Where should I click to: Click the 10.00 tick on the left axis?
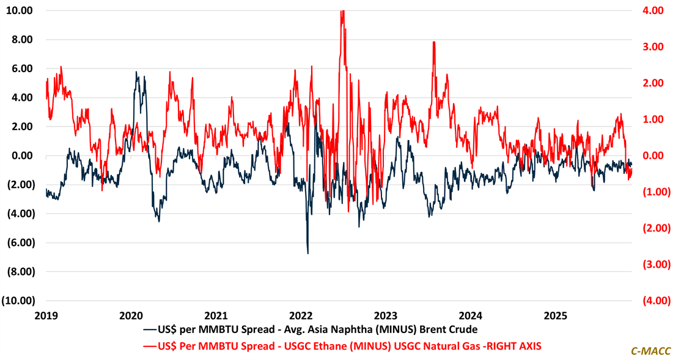tap(20, 11)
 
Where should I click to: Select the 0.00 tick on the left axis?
tap(23, 156)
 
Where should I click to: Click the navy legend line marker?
tap(150, 330)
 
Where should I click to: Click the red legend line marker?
tap(150, 346)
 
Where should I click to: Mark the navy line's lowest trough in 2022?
tap(307, 252)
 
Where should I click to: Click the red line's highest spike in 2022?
tap(342, 12)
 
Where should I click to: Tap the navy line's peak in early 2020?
tap(136, 73)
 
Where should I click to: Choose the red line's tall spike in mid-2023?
tap(433, 42)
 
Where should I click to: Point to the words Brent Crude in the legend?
tap(452, 330)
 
